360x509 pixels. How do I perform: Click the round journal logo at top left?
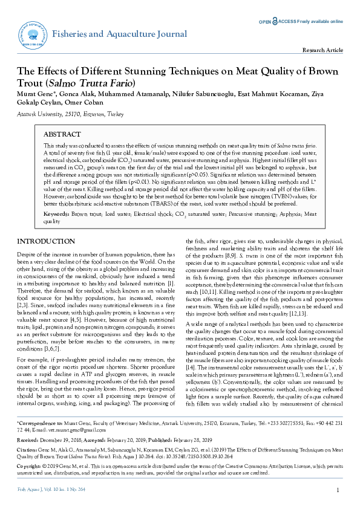click(34, 35)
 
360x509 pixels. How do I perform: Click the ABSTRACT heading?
click(64, 134)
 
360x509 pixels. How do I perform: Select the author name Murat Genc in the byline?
click(34, 94)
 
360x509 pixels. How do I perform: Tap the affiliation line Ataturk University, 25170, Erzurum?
click(57, 113)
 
